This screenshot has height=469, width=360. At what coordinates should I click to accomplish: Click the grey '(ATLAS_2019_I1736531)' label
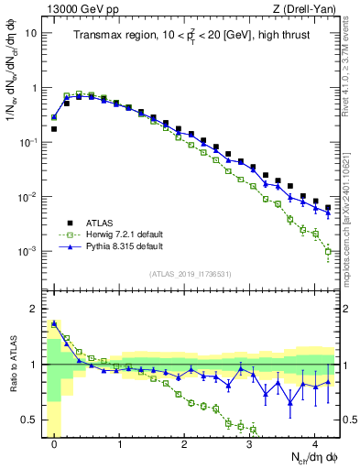tap(191, 274)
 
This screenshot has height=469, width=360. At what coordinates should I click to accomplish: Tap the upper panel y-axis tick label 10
tap(31, 34)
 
